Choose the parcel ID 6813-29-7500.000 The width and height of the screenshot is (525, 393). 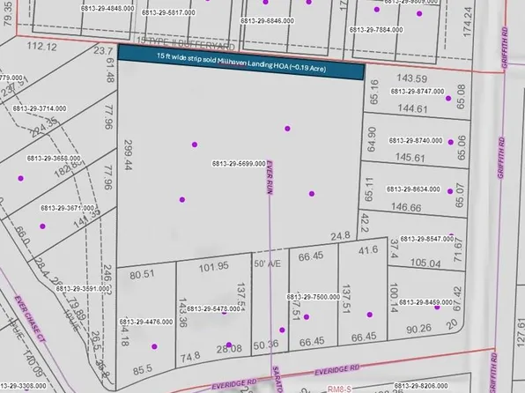click(314, 298)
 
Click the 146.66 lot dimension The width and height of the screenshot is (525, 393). click(405, 207)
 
